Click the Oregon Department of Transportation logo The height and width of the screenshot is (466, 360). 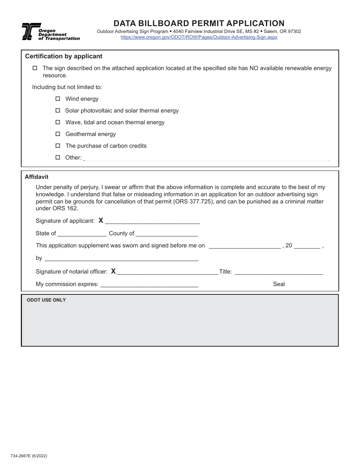(50, 32)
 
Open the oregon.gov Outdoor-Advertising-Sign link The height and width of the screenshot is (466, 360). (199, 37)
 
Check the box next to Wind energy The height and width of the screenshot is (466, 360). (58, 99)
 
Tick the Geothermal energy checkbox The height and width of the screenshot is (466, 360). (58, 134)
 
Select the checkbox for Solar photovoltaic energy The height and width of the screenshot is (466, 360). (58, 110)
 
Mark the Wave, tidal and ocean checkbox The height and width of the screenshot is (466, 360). (58, 122)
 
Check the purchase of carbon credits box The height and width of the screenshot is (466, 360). (58, 145)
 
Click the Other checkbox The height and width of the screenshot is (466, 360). (58, 157)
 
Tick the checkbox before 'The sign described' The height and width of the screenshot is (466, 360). (35, 68)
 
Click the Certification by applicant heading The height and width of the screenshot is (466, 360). (64, 56)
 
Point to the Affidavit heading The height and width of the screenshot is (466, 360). (36, 177)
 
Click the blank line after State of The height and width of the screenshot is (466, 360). (82, 234)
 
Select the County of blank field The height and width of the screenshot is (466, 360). (167, 234)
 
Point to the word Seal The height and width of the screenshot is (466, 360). (279, 284)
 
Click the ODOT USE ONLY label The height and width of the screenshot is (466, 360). (46, 300)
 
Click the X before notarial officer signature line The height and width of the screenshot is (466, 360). (113, 271)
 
